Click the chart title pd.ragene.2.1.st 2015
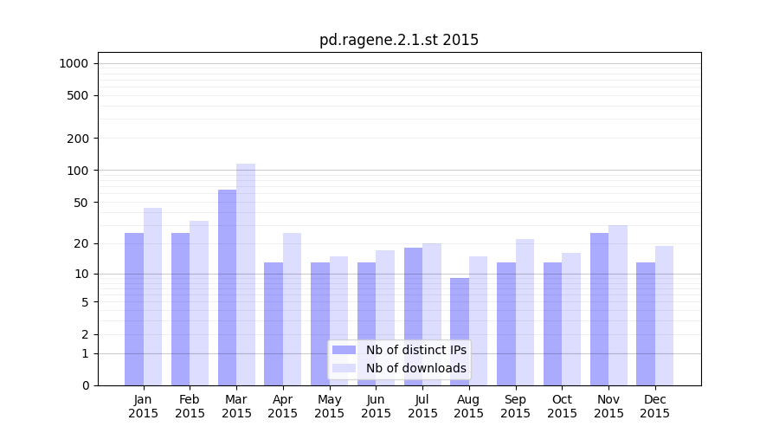398,40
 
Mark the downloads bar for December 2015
664,315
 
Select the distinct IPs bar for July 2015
413,316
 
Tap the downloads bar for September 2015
525,312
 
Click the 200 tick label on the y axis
78,139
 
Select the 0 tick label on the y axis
85,385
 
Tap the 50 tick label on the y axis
80,203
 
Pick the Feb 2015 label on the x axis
190,406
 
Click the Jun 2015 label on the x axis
376,406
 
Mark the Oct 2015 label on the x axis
562,406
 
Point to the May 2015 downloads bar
338,320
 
